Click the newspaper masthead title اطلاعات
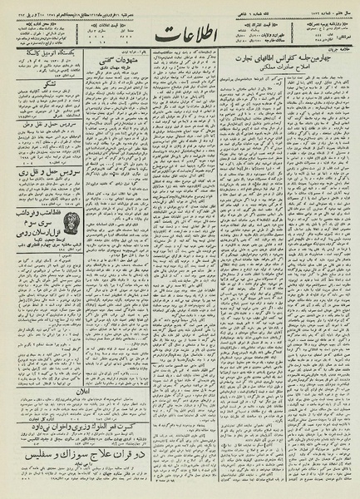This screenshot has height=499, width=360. [x=179, y=37]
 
